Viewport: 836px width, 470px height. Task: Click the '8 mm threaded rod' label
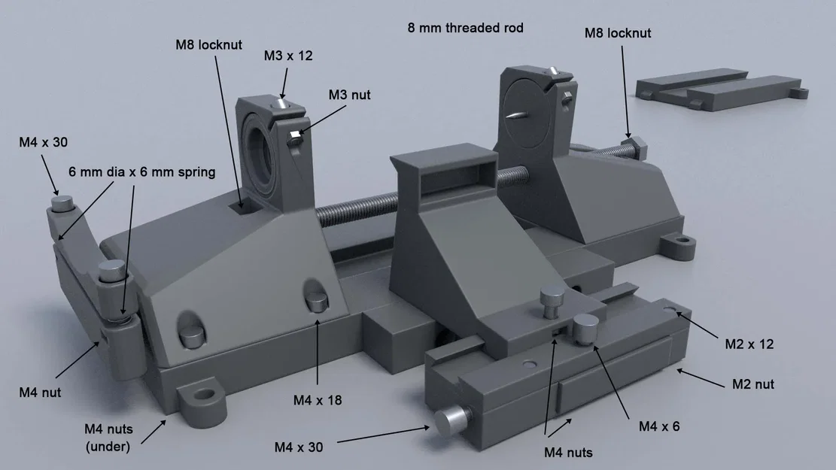point(465,28)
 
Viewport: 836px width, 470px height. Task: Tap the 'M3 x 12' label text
point(287,56)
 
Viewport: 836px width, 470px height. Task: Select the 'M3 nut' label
point(349,95)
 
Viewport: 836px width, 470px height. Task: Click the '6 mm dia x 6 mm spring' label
point(141,172)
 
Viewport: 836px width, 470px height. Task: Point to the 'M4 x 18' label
point(318,400)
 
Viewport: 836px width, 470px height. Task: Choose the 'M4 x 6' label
point(659,426)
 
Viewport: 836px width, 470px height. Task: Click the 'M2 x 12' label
point(749,344)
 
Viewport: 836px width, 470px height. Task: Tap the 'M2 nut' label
point(753,384)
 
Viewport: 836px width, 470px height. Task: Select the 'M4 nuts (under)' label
point(109,438)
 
